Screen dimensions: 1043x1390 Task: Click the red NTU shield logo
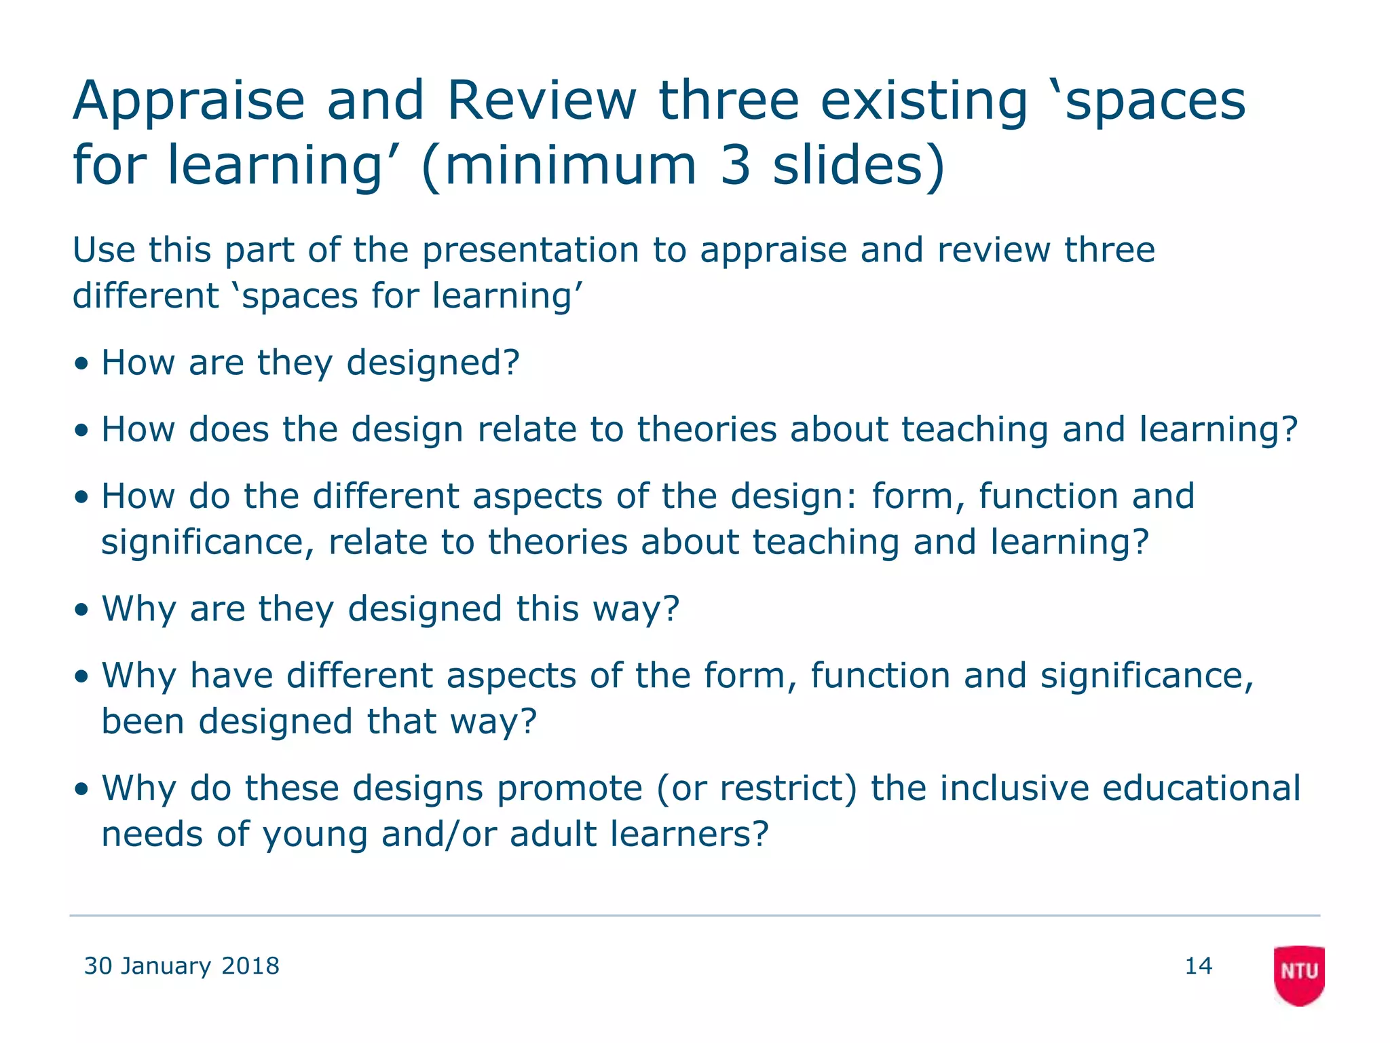point(1298,974)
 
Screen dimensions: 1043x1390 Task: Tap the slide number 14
point(1198,966)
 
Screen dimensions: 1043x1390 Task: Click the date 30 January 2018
point(181,966)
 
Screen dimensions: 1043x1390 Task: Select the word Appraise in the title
point(189,102)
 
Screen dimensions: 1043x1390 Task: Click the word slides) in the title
point(859,166)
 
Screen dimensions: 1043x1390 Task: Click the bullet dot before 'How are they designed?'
point(81,363)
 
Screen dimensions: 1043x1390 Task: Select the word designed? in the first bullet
point(433,363)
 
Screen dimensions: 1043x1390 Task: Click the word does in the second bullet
point(229,429)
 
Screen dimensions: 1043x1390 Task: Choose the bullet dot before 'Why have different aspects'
point(81,676)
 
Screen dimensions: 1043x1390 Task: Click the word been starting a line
point(143,721)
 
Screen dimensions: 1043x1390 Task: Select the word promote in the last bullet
point(569,788)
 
